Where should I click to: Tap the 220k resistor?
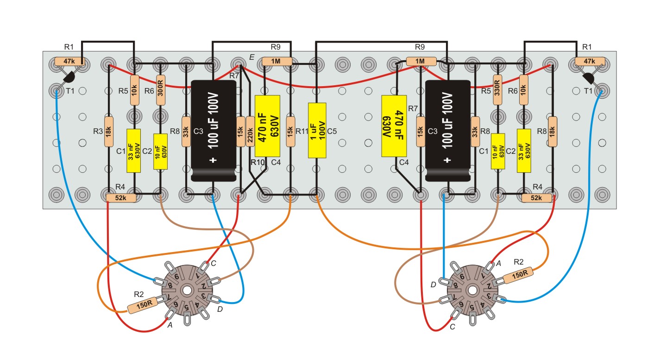coord(250,132)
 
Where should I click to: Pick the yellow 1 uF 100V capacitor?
coord(317,130)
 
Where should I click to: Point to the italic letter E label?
coord(251,57)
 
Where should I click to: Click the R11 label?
coord(302,131)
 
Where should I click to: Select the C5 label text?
coord(332,131)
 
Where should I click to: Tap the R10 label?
coord(257,162)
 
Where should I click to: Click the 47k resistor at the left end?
coord(69,62)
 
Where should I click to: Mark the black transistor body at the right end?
coord(588,78)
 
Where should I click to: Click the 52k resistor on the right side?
coord(536,198)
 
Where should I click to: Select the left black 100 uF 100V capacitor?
coord(214,131)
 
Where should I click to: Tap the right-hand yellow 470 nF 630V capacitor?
coord(394,126)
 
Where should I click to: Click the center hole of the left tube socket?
coord(187,291)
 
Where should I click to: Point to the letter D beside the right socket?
coord(433,284)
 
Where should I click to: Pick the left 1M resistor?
coord(276,62)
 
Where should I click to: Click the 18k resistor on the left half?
coord(108,132)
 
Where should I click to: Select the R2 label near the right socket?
coord(518,262)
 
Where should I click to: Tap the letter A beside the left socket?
coord(170,325)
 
